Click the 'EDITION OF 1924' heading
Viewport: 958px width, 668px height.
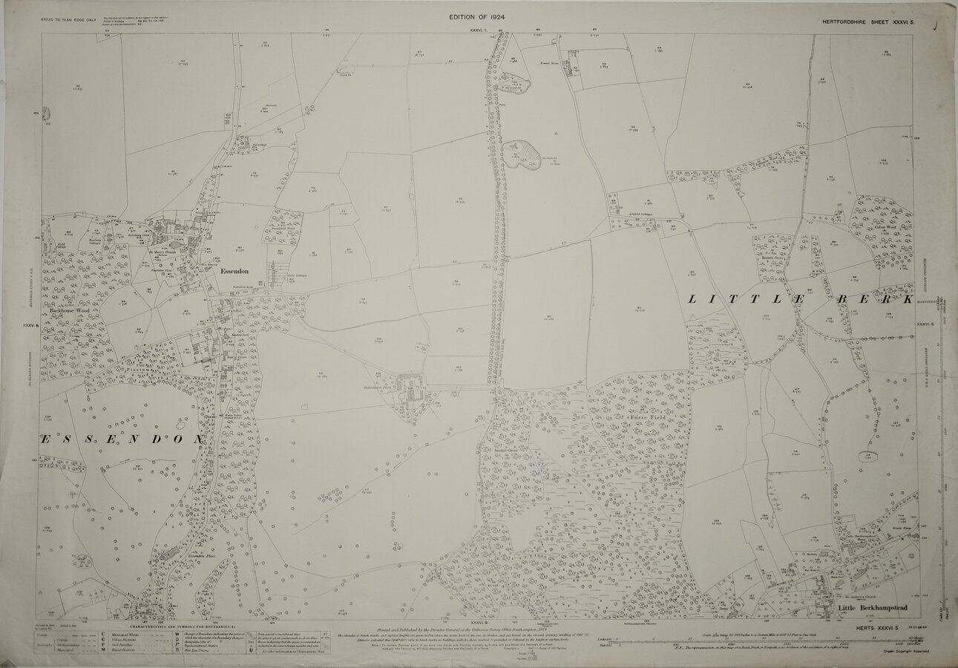click(478, 16)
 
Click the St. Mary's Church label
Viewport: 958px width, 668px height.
click(165, 252)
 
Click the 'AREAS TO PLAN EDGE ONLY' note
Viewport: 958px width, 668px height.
click(68, 16)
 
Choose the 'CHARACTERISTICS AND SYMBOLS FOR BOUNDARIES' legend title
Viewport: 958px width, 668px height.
click(173, 627)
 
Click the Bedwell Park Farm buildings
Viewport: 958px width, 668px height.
click(410, 387)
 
